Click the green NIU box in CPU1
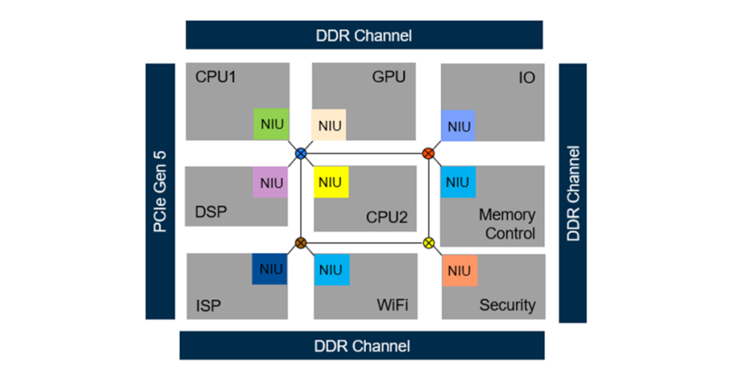272,124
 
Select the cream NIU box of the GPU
330,125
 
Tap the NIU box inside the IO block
458,126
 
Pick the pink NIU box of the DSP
272,183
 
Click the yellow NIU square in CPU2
331,182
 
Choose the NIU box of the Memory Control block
457,182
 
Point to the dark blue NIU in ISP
270,269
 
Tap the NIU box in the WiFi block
331,269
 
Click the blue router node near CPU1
301,153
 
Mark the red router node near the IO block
428,153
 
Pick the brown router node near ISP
301,243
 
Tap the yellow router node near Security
428,243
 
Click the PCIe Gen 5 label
160,191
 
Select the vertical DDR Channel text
573,193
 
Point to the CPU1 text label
215,76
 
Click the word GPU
389,76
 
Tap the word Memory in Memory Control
507,214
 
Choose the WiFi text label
392,305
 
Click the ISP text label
209,306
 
